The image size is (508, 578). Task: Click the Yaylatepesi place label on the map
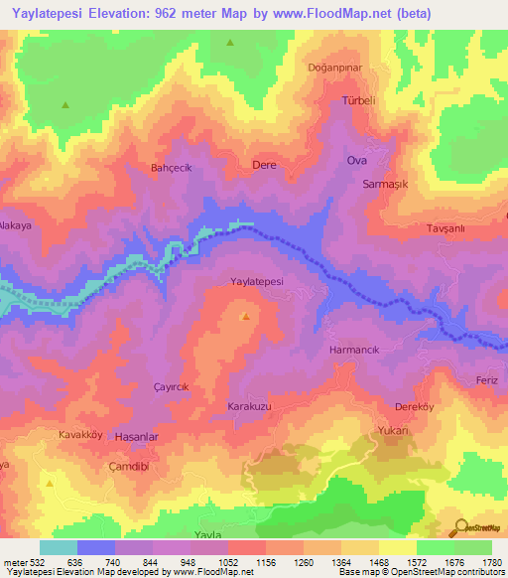[257, 282]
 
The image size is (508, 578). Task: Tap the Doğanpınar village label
[333, 67]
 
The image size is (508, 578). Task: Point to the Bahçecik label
[170, 167]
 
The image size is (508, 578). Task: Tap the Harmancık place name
[354, 351]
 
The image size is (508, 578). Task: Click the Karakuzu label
[250, 408]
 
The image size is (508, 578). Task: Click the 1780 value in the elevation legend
[490, 561]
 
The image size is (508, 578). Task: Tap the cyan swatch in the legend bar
[59, 547]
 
